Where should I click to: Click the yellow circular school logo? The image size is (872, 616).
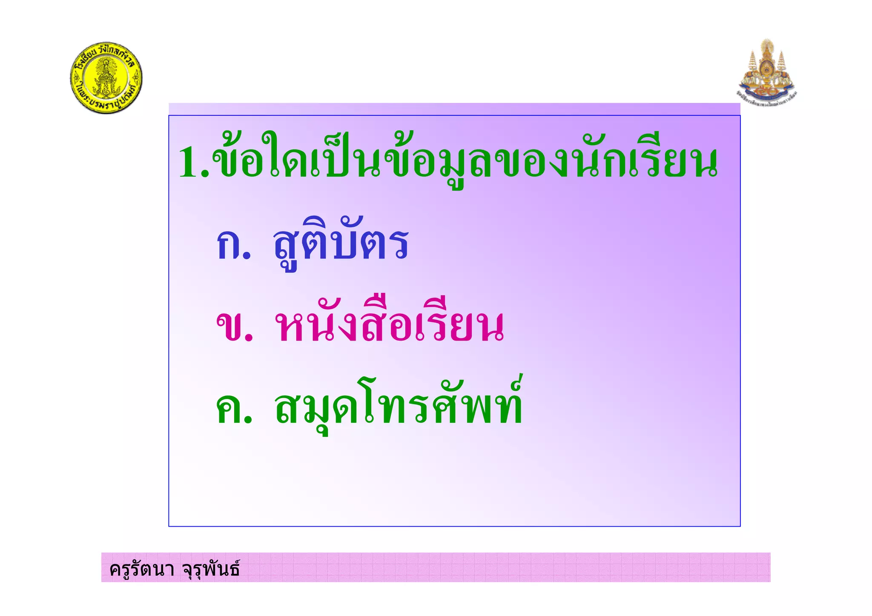[x=106, y=78]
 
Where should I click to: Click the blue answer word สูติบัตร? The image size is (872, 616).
[x=341, y=243]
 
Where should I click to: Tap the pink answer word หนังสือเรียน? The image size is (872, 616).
[x=389, y=326]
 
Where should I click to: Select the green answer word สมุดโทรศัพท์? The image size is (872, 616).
[x=398, y=407]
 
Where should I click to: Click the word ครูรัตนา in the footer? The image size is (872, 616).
[x=142, y=569]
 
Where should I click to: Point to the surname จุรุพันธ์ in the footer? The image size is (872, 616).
[x=211, y=569]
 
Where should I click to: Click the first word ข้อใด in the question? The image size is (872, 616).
[x=260, y=160]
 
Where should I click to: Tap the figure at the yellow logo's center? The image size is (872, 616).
[x=105, y=78]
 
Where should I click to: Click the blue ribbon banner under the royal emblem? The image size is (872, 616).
[x=766, y=92]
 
